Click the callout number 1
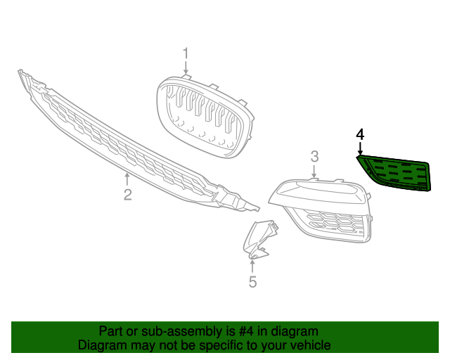pos(186,53)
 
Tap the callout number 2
pos(127,195)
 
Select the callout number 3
pos(315,156)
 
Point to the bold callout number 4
pos(360,134)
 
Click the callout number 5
pos(253,282)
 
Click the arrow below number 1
pos(186,68)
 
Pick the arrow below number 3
pos(315,171)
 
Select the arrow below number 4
pos(360,148)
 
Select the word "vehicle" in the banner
pos(309,345)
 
